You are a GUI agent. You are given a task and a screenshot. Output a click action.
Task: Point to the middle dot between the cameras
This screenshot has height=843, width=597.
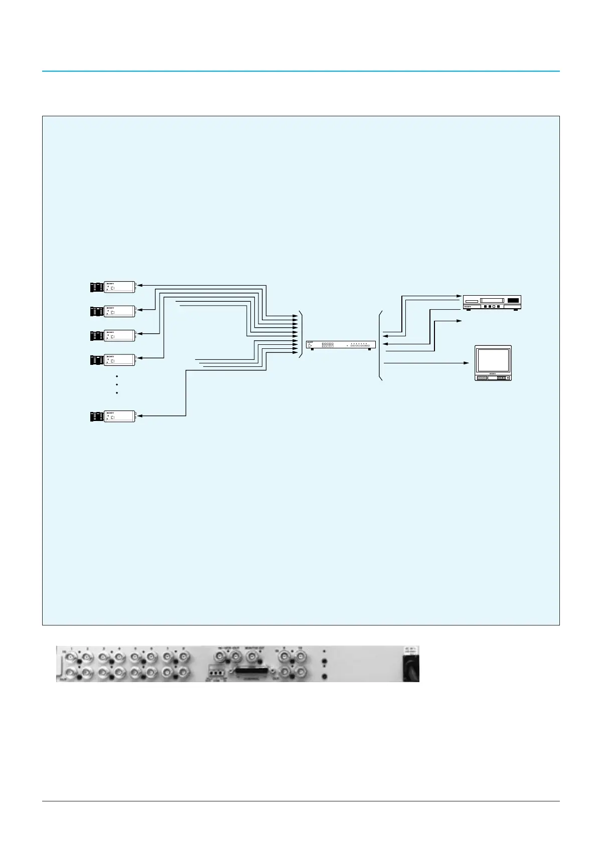116,384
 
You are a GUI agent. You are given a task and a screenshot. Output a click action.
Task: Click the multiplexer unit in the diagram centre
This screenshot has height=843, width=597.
340,345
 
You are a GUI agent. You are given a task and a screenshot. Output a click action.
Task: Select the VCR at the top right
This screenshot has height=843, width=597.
491,302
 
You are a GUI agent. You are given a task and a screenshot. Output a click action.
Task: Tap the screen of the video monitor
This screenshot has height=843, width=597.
493,359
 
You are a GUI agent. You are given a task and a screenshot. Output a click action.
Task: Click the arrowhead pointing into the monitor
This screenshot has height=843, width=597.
466,363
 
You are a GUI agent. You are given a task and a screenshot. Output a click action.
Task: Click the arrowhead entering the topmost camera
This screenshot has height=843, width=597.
140,285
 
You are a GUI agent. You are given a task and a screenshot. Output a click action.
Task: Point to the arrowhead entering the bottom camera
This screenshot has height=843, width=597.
140,415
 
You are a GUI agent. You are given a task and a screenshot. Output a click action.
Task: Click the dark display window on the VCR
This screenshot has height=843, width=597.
514,300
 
